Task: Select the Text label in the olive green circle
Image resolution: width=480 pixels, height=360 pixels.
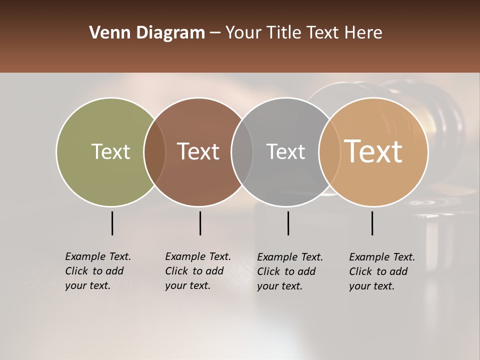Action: (110, 151)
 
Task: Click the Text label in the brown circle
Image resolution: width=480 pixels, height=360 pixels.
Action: (198, 151)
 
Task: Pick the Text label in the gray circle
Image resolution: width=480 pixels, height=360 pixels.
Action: (285, 151)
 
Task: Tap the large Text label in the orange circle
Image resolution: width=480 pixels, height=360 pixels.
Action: (373, 151)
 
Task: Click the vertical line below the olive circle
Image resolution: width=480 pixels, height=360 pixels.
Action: (112, 223)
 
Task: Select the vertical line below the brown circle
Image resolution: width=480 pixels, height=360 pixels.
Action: (200, 223)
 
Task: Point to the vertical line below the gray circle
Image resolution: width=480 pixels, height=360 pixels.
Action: (288, 223)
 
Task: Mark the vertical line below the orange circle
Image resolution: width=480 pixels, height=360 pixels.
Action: (372, 223)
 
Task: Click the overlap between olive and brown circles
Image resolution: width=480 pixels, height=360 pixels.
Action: (154, 151)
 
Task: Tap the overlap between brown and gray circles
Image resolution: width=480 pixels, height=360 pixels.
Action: (242, 151)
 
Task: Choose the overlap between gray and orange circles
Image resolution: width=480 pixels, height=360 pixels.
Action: (328, 151)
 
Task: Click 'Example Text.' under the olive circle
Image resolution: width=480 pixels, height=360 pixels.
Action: (98, 256)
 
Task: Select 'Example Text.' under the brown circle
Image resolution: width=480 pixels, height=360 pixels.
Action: (198, 256)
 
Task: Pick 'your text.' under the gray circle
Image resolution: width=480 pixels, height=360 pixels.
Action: (280, 286)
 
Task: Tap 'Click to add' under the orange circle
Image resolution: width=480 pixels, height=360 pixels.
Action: (378, 271)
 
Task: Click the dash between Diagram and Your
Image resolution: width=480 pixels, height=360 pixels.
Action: (215, 33)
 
